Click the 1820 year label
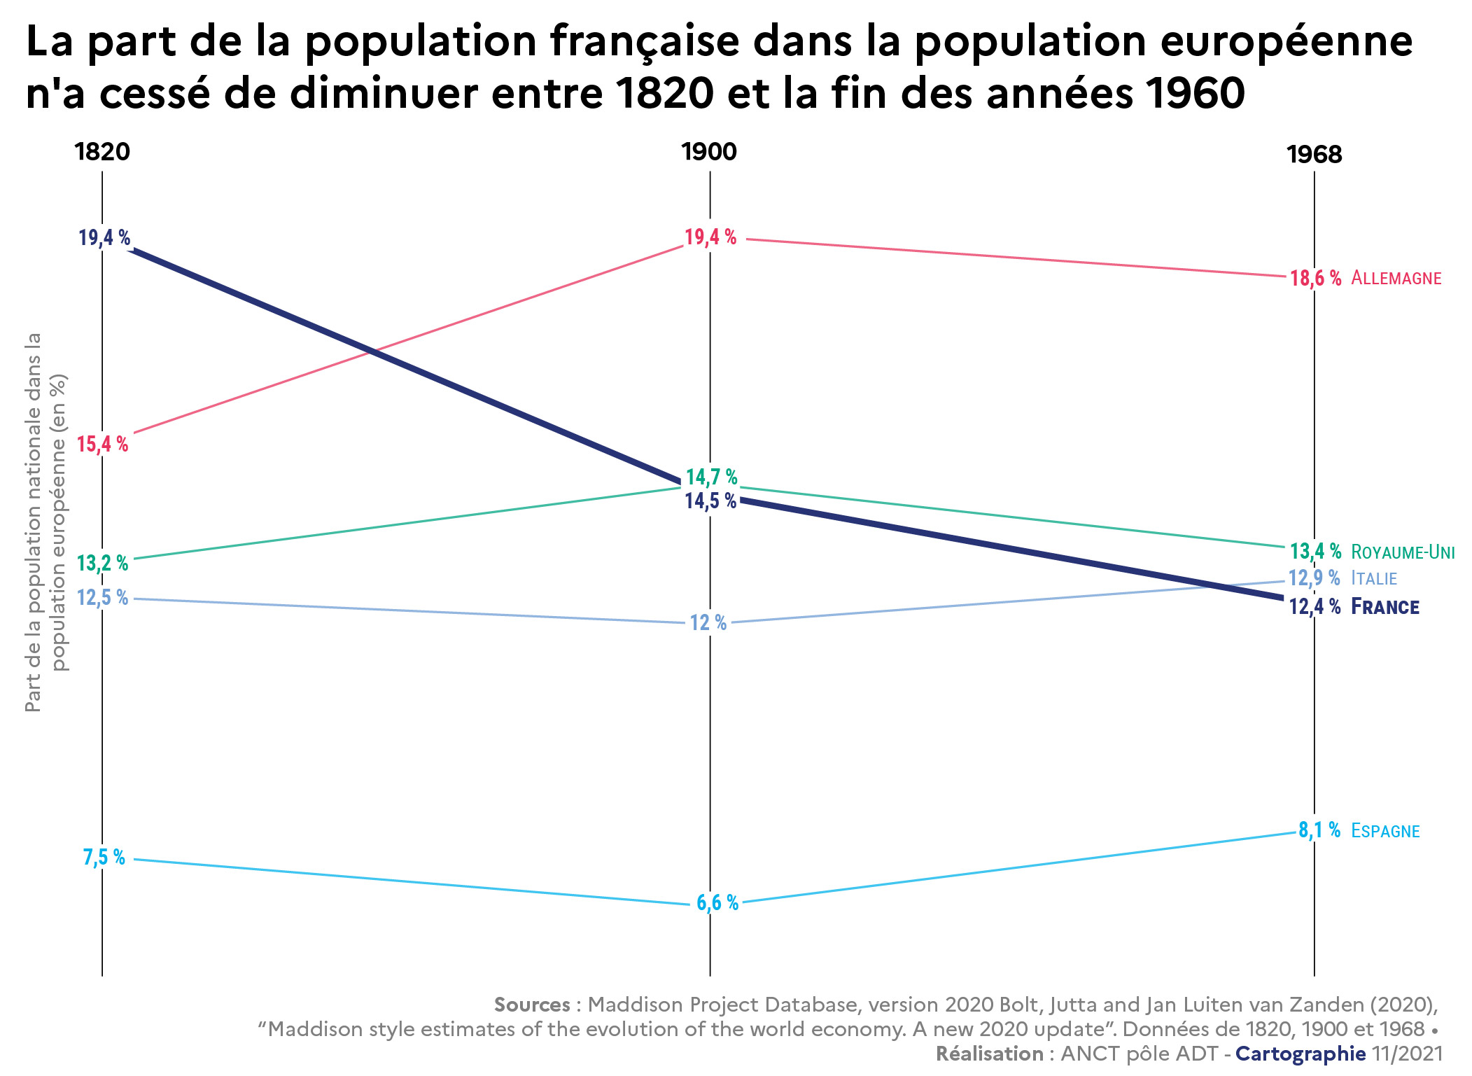[x=102, y=152]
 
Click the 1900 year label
[x=709, y=152]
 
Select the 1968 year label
[x=1314, y=155]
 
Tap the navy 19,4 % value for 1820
[x=104, y=238]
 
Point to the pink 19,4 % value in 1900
[x=710, y=237]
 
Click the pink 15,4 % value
[x=103, y=444]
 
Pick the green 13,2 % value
[x=103, y=563]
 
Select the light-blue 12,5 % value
[x=103, y=597]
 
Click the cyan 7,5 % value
[x=104, y=857]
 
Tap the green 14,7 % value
[x=711, y=477]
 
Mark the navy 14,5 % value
[x=710, y=501]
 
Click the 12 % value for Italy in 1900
[x=708, y=622]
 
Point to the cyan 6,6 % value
[x=717, y=902]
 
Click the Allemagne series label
[x=1396, y=278]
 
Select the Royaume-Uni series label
[x=1403, y=552]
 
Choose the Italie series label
[x=1373, y=578]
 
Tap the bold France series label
[x=1385, y=606]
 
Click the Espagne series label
[x=1385, y=831]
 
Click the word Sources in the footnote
[x=532, y=1005]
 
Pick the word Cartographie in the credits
[x=1300, y=1054]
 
